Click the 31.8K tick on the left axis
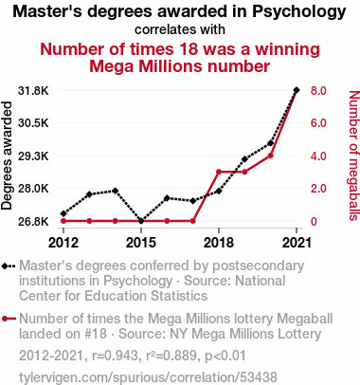pyautogui.click(x=33, y=91)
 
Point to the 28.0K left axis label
pyautogui.click(x=33, y=189)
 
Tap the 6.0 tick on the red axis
pyautogui.click(x=318, y=123)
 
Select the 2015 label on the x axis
pyautogui.click(x=141, y=243)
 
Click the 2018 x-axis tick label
pyautogui.click(x=219, y=243)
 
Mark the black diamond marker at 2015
pyautogui.click(x=141, y=221)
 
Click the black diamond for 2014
pyautogui.click(x=116, y=191)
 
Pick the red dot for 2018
pyautogui.click(x=219, y=172)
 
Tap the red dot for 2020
pyautogui.click(x=271, y=156)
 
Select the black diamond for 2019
pyautogui.click(x=244, y=159)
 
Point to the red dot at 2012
pyautogui.click(x=63, y=221)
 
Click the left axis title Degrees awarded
pyautogui.click(x=7, y=156)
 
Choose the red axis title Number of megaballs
pyautogui.click(x=354, y=156)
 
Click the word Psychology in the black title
pyautogui.click(x=299, y=12)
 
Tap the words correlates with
pyautogui.click(x=180, y=29)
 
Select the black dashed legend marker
pyautogui.click(x=9, y=266)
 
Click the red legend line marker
pyautogui.click(x=9, y=319)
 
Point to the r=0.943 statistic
pyautogui.click(x=116, y=356)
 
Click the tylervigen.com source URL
pyautogui.click(x=148, y=377)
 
